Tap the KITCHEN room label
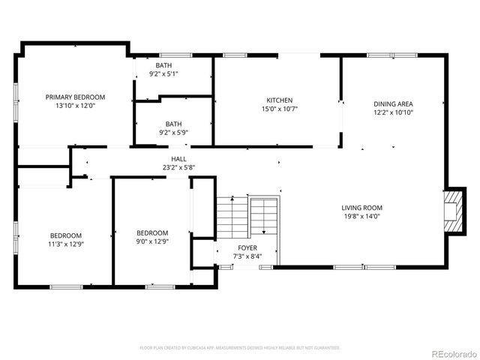click(x=279, y=100)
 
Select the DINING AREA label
click(x=394, y=104)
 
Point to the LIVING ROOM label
click(x=362, y=208)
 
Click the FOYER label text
click(x=247, y=247)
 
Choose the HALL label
click(x=178, y=159)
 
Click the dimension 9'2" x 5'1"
click(x=163, y=73)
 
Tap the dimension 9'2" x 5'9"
click(x=173, y=132)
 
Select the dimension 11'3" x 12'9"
click(x=66, y=243)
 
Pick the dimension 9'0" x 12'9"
click(x=152, y=241)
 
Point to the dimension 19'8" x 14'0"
click(x=362, y=216)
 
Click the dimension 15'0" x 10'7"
click(x=279, y=109)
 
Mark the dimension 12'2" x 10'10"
click(x=394, y=112)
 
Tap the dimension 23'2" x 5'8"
click(x=178, y=167)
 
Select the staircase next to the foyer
click(x=247, y=217)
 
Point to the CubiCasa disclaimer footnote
click(x=240, y=348)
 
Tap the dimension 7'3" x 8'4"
click(x=247, y=256)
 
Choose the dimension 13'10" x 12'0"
click(x=75, y=106)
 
